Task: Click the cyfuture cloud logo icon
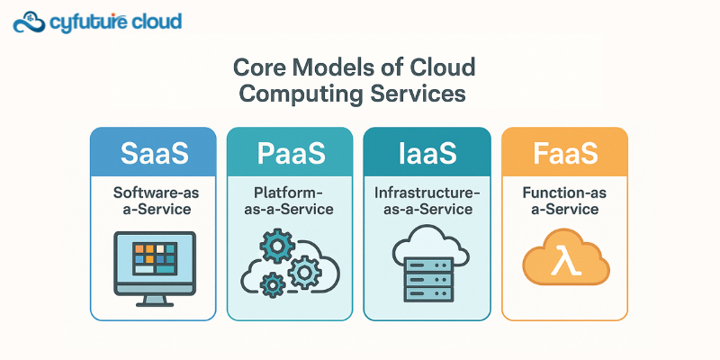click(x=30, y=21)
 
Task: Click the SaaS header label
click(x=153, y=153)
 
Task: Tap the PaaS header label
click(x=292, y=153)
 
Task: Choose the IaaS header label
click(x=427, y=153)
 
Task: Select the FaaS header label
click(x=565, y=153)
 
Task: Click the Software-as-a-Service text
click(x=153, y=201)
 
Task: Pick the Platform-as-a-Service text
click(x=292, y=201)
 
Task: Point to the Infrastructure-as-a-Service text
click(x=427, y=201)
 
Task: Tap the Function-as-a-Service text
click(x=565, y=201)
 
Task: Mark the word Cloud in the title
click(x=441, y=68)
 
